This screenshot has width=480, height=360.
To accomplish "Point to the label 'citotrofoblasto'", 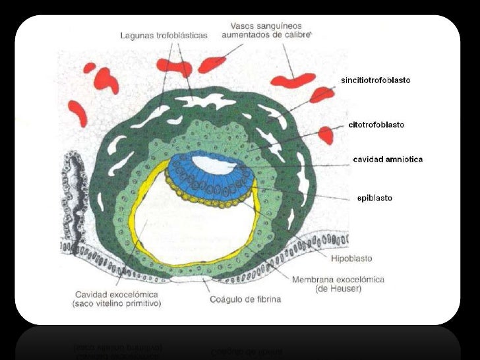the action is [x=376, y=124].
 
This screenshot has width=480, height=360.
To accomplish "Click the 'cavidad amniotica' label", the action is [x=388, y=160].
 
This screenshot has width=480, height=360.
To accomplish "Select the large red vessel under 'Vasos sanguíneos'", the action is [x=293, y=80].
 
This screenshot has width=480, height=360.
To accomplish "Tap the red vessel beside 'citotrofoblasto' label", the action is [x=326, y=135].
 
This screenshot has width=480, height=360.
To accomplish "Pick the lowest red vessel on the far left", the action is [x=78, y=112].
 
